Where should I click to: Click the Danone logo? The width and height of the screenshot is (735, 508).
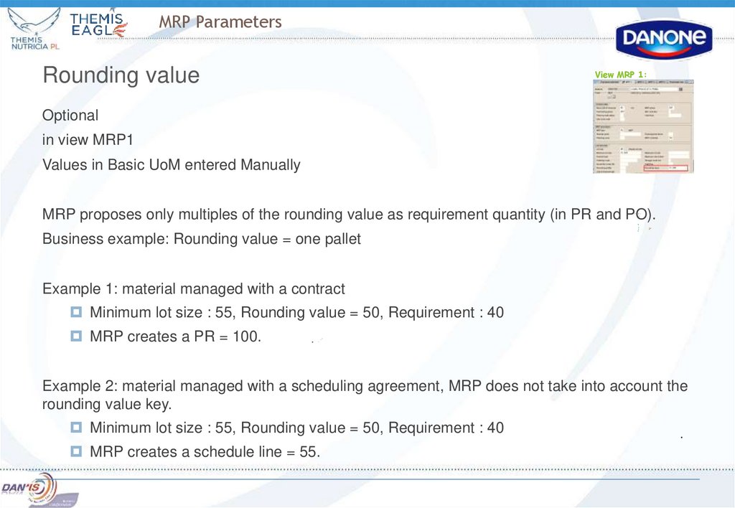(x=663, y=39)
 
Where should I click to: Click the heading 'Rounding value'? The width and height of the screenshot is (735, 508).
(x=121, y=75)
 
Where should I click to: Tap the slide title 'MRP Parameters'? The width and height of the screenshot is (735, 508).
(x=220, y=22)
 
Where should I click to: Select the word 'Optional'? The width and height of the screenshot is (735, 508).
(x=70, y=116)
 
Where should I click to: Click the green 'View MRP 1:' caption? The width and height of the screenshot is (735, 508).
(x=621, y=75)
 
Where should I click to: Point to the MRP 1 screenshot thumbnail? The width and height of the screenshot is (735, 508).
(x=637, y=126)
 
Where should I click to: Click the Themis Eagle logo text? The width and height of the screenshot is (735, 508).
(x=98, y=25)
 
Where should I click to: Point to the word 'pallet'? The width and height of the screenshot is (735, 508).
(x=340, y=240)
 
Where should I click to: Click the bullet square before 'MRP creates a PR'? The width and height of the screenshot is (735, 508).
(x=76, y=335)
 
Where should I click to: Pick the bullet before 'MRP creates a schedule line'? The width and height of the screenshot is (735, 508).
(x=76, y=451)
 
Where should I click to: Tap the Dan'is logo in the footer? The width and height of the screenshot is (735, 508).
(x=29, y=487)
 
